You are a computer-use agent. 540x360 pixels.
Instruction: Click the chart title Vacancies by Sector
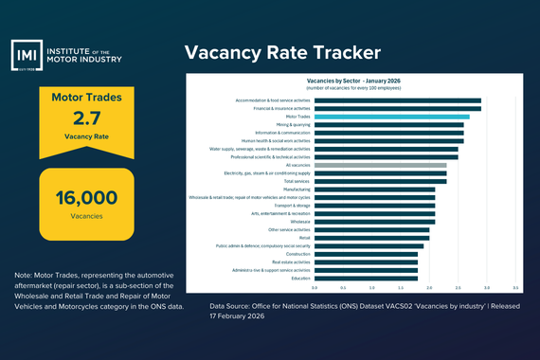pos(353,81)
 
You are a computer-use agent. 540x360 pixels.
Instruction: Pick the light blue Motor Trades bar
pos(391,117)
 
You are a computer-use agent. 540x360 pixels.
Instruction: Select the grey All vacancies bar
pos(380,165)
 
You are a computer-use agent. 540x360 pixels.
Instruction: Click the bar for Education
pos(366,278)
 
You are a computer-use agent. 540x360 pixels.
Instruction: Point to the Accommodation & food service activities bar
pos(397,100)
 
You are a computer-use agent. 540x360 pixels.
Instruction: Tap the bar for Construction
pos(366,254)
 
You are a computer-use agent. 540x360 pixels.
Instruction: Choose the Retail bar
pos(371,238)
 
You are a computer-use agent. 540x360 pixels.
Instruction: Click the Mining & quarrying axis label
pos(294,124)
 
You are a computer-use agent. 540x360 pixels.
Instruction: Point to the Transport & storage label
pos(292,206)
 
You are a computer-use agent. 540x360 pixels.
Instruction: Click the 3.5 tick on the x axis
pos(515,286)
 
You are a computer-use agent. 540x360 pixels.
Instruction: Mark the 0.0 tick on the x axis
pos(315,286)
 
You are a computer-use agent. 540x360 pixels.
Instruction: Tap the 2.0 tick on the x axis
pos(429,286)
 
